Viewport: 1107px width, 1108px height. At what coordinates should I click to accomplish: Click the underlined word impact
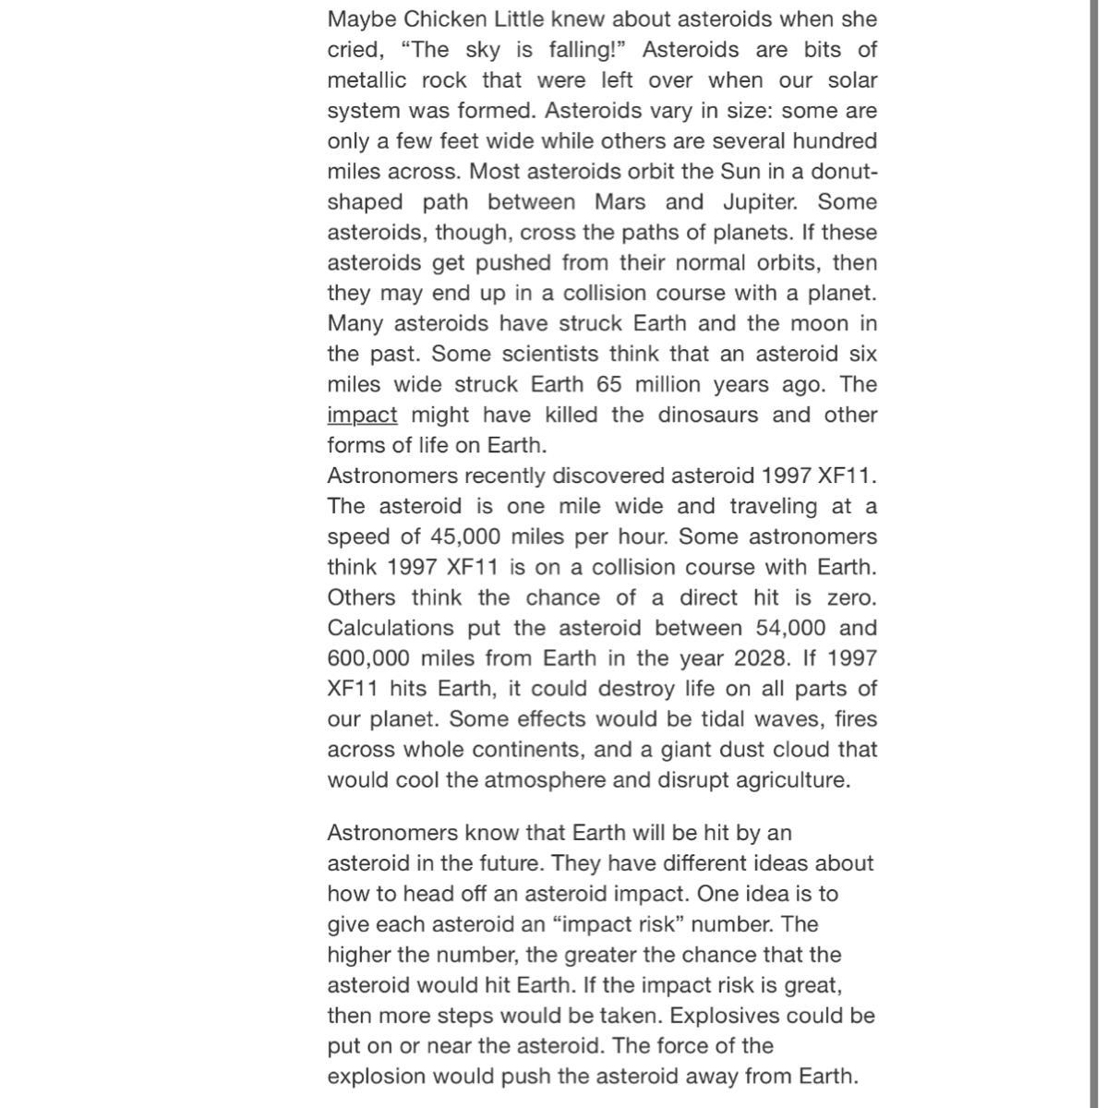click(x=362, y=415)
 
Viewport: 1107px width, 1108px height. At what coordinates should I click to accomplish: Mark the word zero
click(x=851, y=598)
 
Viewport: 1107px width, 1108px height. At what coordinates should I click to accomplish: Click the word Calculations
click(x=391, y=629)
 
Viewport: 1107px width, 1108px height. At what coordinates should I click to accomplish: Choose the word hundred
click(x=833, y=141)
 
